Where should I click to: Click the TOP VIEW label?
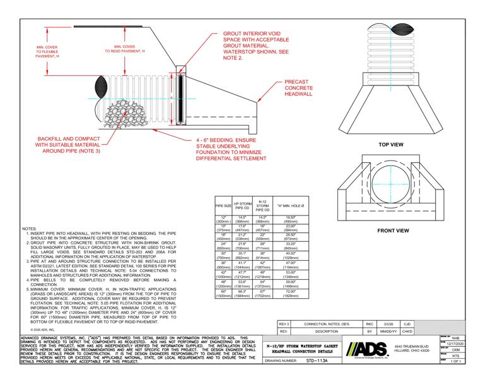390,145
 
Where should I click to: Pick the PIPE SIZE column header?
223,206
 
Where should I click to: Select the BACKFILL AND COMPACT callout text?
62,144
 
